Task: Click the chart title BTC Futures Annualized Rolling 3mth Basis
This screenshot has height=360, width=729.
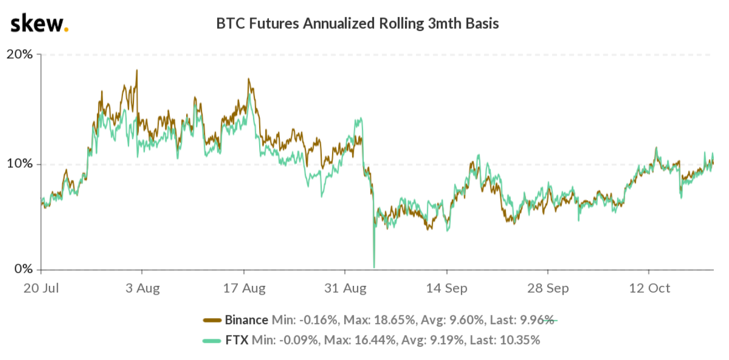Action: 357,24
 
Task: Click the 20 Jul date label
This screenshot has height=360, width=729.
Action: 41,288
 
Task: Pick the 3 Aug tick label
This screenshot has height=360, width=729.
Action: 142,288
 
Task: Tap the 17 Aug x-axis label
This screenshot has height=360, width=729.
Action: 244,288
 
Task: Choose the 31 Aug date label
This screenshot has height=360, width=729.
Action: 345,288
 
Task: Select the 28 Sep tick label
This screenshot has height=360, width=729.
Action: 548,288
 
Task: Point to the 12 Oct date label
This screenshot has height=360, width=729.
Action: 648,288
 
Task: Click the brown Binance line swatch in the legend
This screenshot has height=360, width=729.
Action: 212,320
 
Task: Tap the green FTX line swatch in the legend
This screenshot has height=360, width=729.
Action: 212,341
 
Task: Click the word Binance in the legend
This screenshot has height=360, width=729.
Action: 246,320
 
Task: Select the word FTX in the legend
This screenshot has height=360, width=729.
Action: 237,341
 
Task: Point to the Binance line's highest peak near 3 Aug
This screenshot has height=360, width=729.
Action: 137,70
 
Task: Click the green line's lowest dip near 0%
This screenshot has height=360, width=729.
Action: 374,267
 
